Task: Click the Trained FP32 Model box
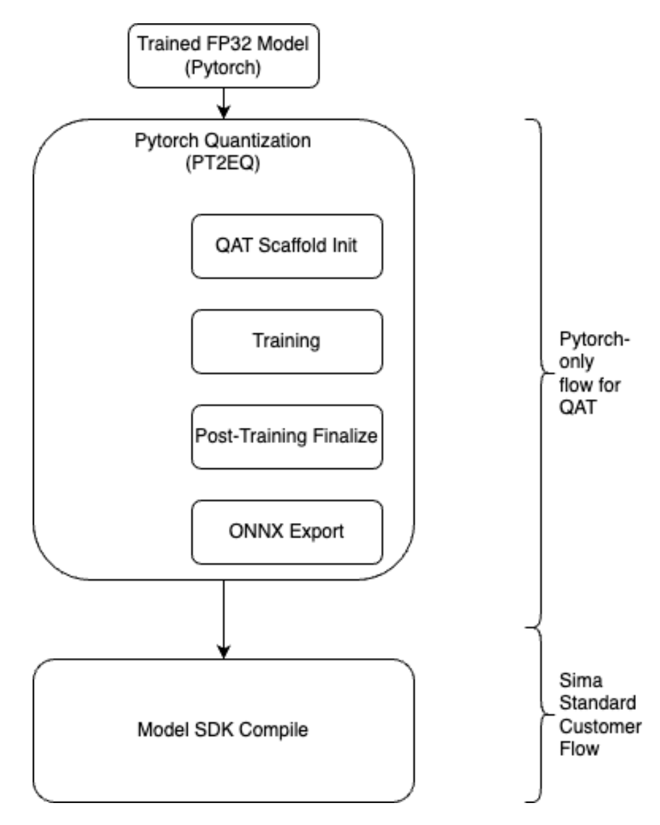[x=224, y=56]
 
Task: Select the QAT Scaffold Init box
[x=287, y=246]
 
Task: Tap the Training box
[x=287, y=341]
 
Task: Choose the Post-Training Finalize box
[x=287, y=436]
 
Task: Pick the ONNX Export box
[x=287, y=532]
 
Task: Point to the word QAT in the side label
[x=576, y=406]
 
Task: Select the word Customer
[x=600, y=725]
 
